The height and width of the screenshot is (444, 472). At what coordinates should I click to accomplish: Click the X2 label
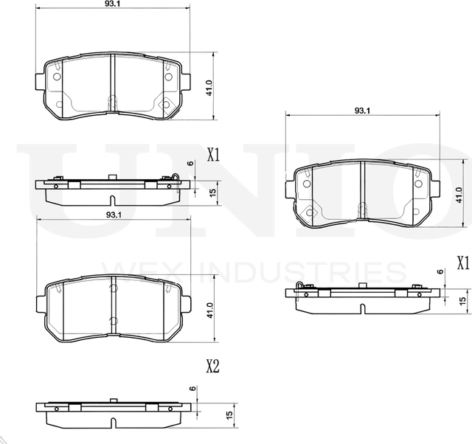[212, 366]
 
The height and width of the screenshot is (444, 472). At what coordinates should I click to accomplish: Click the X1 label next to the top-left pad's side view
[214, 155]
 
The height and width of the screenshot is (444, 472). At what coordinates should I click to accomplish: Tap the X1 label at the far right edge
[462, 262]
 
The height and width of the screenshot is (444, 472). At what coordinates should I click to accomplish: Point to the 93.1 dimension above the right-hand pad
[361, 111]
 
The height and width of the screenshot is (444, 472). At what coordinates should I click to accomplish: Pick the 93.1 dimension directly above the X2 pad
[113, 214]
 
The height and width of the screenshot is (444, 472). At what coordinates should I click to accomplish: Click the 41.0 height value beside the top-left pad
[209, 89]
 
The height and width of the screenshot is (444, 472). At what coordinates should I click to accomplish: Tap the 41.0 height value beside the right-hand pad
[458, 193]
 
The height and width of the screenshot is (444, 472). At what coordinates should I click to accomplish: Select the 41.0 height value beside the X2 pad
[209, 308]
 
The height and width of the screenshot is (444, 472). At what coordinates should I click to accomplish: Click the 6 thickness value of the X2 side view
[191, 389]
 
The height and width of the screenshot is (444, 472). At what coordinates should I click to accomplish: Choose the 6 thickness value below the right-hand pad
[441, 272]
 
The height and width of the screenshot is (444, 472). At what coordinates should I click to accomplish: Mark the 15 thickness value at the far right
[462, 300]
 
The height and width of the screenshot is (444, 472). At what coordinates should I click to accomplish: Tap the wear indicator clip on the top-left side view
[174, 176]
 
